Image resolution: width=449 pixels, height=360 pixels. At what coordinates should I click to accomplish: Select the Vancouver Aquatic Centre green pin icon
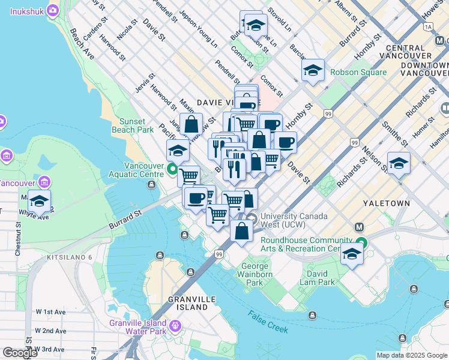pos(172,169)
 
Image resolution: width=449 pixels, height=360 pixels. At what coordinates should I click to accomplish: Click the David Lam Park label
pos(318,278)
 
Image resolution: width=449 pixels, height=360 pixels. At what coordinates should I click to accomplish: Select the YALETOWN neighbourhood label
pos(386,203)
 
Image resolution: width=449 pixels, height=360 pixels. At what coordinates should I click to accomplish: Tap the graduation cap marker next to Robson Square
pos(313,71)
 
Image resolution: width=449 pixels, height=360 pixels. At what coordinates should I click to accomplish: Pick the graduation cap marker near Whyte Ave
pos(39,202)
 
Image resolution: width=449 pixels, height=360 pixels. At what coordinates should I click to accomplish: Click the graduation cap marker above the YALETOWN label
pos(399,163)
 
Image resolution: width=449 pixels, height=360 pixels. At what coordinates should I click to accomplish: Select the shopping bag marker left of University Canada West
pos(241,230)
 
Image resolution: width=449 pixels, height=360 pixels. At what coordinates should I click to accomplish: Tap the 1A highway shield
pos(427,27)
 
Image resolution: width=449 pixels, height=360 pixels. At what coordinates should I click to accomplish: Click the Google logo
pos(19,353)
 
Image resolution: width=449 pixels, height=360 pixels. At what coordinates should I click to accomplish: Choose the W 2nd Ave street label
pos(50,331)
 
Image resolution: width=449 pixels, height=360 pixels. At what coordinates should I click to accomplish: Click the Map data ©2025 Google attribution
pos(412,355)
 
